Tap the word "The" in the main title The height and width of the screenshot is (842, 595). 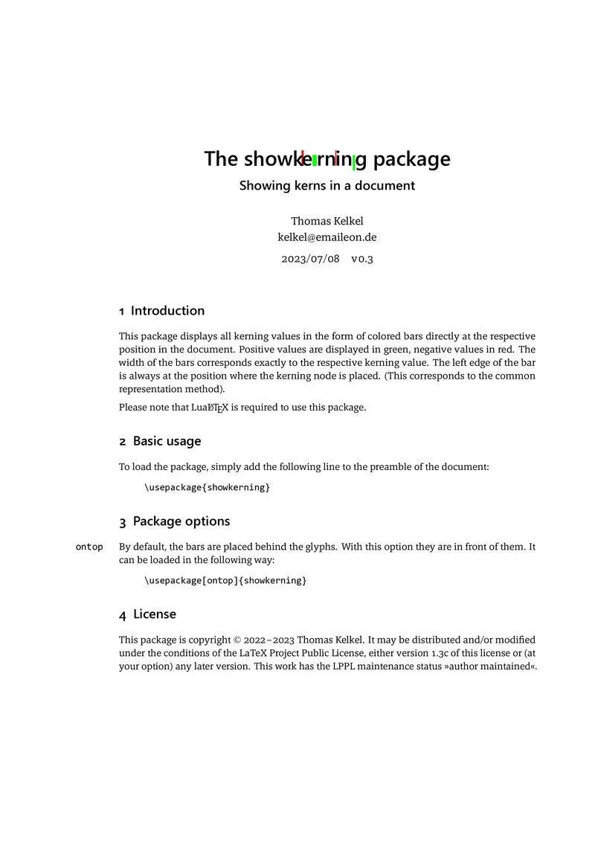point(221,159)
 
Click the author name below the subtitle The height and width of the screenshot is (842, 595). point(327,221)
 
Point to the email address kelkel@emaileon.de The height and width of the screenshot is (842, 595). point(327,237)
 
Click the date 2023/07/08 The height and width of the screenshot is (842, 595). point(310,260)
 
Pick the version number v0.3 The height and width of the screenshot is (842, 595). point(362,260)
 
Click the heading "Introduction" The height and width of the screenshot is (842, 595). point(167,311)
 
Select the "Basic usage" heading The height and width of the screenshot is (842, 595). point(167,441)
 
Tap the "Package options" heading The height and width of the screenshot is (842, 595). point(181,521)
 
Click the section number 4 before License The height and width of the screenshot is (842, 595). point(123,615)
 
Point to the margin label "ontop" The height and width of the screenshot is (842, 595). point(89,547)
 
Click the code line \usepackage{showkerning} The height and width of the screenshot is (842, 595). point(207,487)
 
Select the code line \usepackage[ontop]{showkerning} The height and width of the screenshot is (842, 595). point(225,580)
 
